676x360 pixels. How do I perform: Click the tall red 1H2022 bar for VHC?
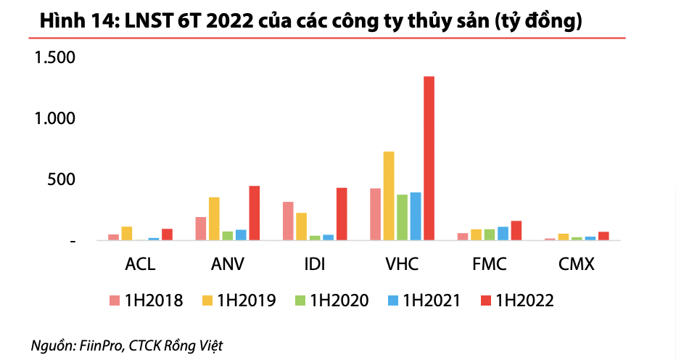point(429,158)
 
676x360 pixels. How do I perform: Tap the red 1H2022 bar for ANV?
point(254,213)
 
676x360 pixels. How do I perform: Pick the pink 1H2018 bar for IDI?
point(288,221)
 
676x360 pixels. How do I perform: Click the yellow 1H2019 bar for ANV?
point(214,218)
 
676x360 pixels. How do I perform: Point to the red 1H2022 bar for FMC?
point(516,230)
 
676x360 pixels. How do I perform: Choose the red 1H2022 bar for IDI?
point(342,214)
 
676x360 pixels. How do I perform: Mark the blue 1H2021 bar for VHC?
point(416,216)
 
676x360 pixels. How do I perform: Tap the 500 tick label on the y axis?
point(61,179)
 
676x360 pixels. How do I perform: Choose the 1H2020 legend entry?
point(331,300)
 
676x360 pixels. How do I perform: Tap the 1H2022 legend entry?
point(516,300)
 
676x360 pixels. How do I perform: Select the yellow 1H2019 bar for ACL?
point(127,233)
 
